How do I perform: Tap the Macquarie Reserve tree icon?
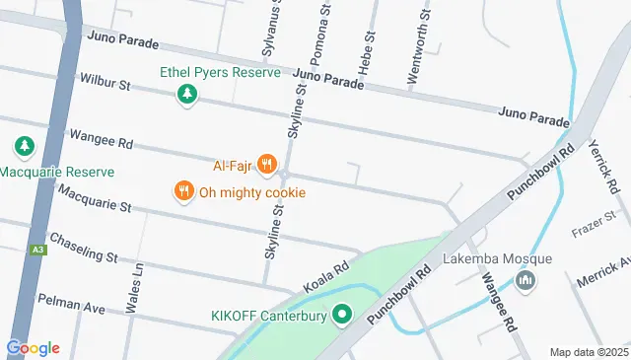coord(23,148)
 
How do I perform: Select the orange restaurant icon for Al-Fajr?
coord(265,164)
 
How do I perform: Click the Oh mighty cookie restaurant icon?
coord(182,191)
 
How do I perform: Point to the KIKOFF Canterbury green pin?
coord(342,316)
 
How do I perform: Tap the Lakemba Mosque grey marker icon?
coord(526,282)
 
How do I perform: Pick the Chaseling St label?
coord(84,248)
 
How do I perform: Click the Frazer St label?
coord(595,224)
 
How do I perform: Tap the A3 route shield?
coord(37,251)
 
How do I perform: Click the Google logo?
coord(33,347)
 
